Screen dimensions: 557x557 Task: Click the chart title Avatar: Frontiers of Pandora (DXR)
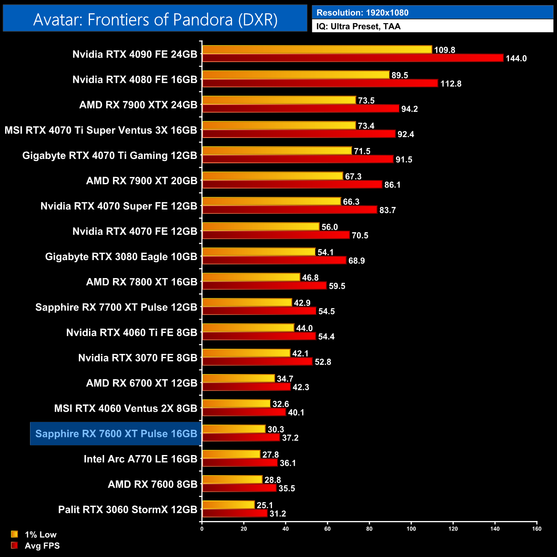(155, 19)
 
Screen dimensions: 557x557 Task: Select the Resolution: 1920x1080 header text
(362, 12)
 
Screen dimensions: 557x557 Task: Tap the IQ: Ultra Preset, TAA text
(358, 26)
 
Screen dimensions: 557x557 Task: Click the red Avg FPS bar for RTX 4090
(352, 58)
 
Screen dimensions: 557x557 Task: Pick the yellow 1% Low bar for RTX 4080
(296, 75)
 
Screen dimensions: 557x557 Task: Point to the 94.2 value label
(409, 109)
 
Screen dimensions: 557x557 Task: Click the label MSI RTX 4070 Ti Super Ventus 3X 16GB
(101, 130)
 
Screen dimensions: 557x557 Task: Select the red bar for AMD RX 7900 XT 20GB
(292, 184)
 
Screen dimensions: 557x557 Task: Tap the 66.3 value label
(351, 201)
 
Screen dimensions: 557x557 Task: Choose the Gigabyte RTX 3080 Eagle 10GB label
(121, 257)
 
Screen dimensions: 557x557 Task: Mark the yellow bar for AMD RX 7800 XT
(251, 277)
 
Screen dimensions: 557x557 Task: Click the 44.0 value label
(304, 328)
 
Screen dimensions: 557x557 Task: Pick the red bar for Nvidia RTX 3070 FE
(257, 361)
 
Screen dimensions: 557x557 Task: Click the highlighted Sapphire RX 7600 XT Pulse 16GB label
(116, 434)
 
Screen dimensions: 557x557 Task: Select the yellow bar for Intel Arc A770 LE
(231, 454)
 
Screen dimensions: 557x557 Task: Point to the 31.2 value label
(278, 513)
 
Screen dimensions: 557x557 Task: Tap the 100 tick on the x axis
(411, 529)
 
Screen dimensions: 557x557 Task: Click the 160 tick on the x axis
(536, 529)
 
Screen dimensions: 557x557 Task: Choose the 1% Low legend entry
(40, 534)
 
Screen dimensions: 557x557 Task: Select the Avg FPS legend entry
(42, 545)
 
